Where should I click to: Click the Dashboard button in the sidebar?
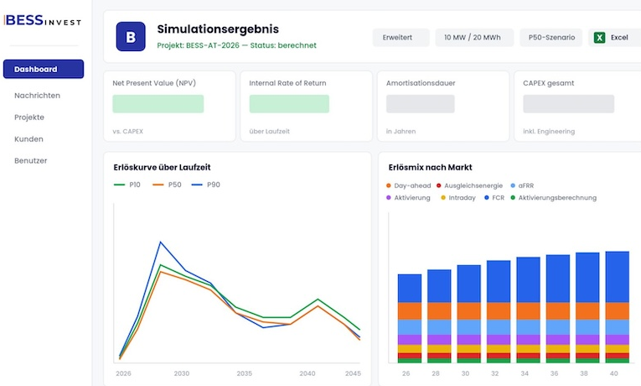point(44,69)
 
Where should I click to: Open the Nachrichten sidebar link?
point(37,96)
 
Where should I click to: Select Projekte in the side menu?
point(29,117)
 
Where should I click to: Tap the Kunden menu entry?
point(28,138)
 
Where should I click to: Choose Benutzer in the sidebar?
point(31,160)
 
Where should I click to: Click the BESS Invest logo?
point(43,20)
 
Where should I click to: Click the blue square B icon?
point(131,36)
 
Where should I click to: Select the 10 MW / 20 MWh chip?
point(474,37)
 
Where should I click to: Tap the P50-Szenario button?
point(551,37)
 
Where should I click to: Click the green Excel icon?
point(599,38)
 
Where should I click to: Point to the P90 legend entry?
point(206,185)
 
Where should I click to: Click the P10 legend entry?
point(127,185)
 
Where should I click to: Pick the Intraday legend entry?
point(458,198)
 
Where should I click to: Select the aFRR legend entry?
point(523,185)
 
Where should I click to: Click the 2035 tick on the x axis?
point(245,373)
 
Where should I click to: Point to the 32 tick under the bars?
point(495,373)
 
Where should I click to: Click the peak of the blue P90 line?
point(161,242)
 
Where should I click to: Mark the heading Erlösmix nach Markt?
point(430,167)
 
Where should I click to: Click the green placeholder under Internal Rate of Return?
point(289,103)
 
